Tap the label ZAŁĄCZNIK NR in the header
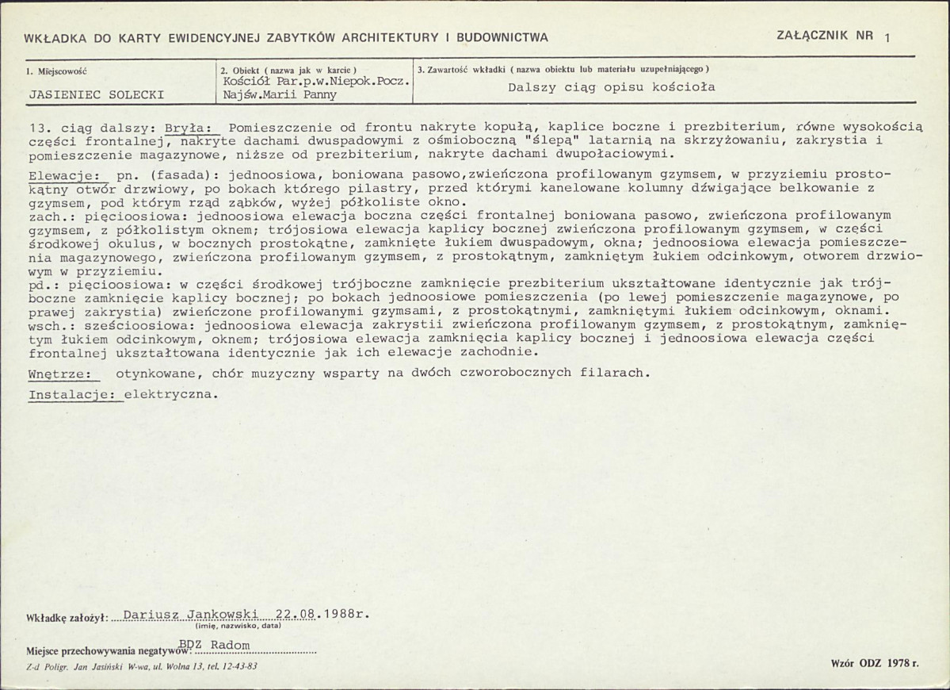(x=825, y=36)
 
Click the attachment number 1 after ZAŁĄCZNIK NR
(x=887, y=37)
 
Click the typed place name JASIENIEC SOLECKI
(x=96, y=94)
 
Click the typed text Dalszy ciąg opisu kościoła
(x=611, y=87)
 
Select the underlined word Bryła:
(x=189, y=128)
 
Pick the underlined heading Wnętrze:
(x=59, y=373)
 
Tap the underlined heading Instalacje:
(x=75, y=393)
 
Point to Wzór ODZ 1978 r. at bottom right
(x=875, y=662)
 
